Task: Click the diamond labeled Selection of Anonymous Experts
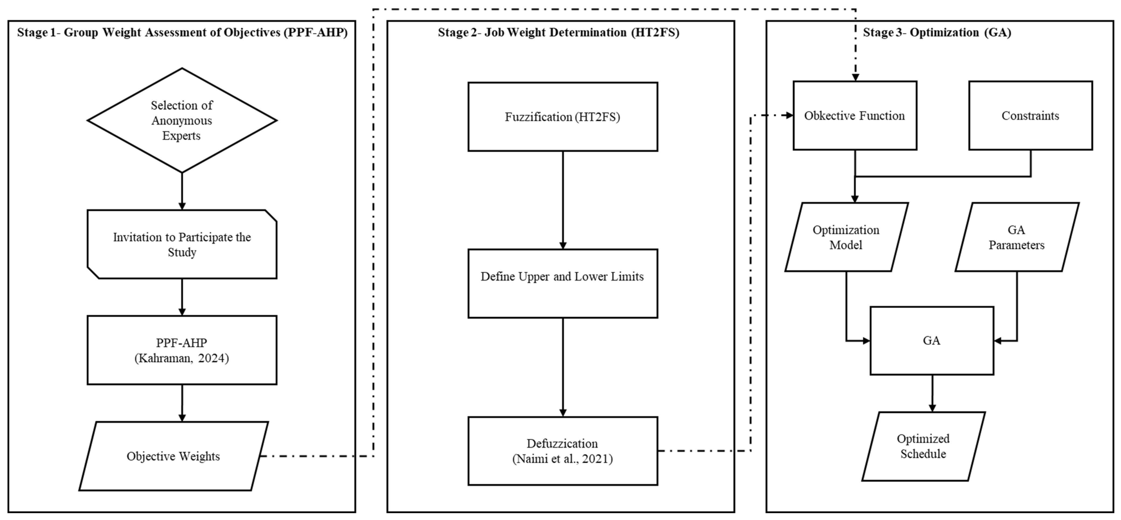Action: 182,120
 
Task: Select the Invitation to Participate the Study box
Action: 182,244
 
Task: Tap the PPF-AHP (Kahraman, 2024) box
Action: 182,350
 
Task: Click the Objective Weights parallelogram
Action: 173,456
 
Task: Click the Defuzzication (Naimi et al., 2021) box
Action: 563,451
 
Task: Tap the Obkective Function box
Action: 855,116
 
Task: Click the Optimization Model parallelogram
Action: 846,237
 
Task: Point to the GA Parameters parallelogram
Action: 1017,237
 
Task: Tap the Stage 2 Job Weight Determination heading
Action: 558,33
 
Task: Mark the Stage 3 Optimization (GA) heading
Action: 937,33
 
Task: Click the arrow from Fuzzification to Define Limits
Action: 563,200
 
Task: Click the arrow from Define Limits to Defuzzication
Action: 563,367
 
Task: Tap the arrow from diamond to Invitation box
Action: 182,191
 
